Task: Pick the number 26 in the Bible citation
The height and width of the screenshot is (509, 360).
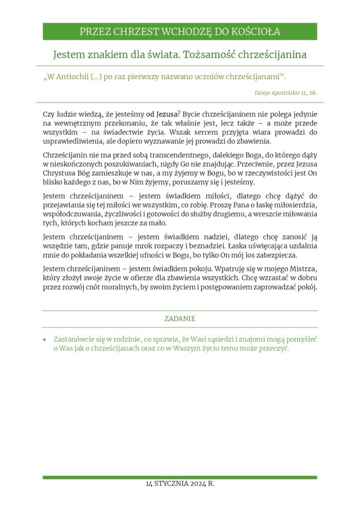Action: coord(313,93)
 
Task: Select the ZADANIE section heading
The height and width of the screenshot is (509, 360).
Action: coord(180,319)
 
